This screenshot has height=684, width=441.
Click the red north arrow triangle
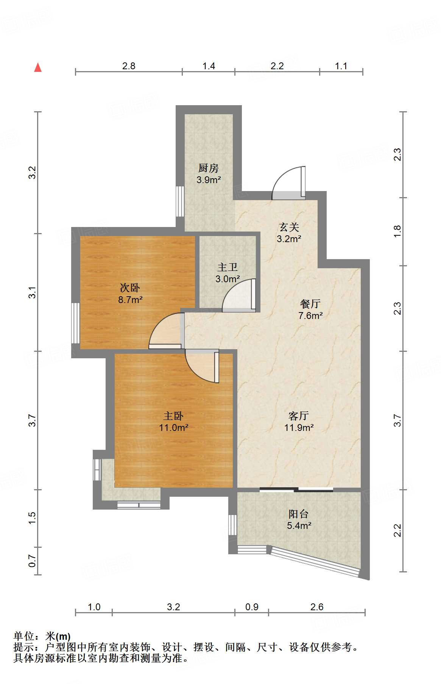tap(38, 67)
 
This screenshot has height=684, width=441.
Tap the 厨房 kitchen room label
tap(209, 168)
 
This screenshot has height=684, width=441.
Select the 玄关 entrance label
tap(289, 227)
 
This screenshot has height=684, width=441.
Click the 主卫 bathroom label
tap(228, 267)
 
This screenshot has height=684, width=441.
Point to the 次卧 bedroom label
tap(130, 288)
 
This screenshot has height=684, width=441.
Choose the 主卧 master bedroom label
tap(173, 416)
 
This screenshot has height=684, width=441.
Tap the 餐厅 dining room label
tap(310, 304)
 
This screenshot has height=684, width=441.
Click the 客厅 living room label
tap(299, 416)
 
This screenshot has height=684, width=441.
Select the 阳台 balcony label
tap(299, 514)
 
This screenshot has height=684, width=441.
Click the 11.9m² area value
tap(299, 428)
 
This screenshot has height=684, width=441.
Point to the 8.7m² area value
tap(130, 300)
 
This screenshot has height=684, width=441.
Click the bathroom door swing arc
tap(239, 295)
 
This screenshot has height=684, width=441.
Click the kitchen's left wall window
tap(180, 201)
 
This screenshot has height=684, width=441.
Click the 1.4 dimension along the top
tap(209, 66)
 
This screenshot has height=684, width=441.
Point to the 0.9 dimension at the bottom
tap(252, 607)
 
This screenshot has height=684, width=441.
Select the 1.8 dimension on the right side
tap(397, 232)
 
